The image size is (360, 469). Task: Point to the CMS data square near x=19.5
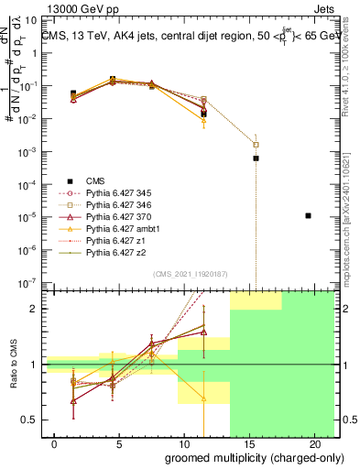[309, 215]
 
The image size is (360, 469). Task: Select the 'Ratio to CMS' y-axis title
[12, 365]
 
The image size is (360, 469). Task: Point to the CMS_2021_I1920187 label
[190, 272]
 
